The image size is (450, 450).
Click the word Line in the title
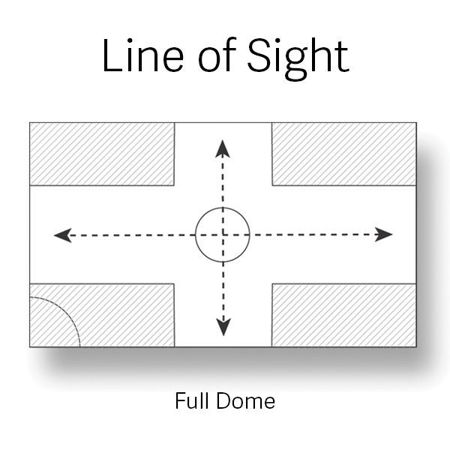[143, 55]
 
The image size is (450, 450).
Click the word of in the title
[217, 55]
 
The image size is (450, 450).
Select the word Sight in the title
[298, 59]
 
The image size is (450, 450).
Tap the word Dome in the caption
[246, 400]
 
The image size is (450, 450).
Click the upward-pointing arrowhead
[223, 148]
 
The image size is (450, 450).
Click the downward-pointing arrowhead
[223, 327]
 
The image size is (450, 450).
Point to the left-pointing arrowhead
[63, 235]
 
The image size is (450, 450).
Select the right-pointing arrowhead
[384, 235]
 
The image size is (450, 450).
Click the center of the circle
[223, 235]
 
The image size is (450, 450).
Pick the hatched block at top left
[102, 154]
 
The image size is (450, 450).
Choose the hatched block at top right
[344, 154]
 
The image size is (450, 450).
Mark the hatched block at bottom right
[344, 315]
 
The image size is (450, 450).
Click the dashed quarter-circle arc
[65, 312]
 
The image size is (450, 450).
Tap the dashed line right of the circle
[314, 235]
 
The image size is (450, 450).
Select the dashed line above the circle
[223, 181]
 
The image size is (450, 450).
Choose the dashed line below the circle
[223, 291]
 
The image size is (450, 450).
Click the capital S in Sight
[259, 55]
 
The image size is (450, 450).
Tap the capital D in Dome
[224, 400]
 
